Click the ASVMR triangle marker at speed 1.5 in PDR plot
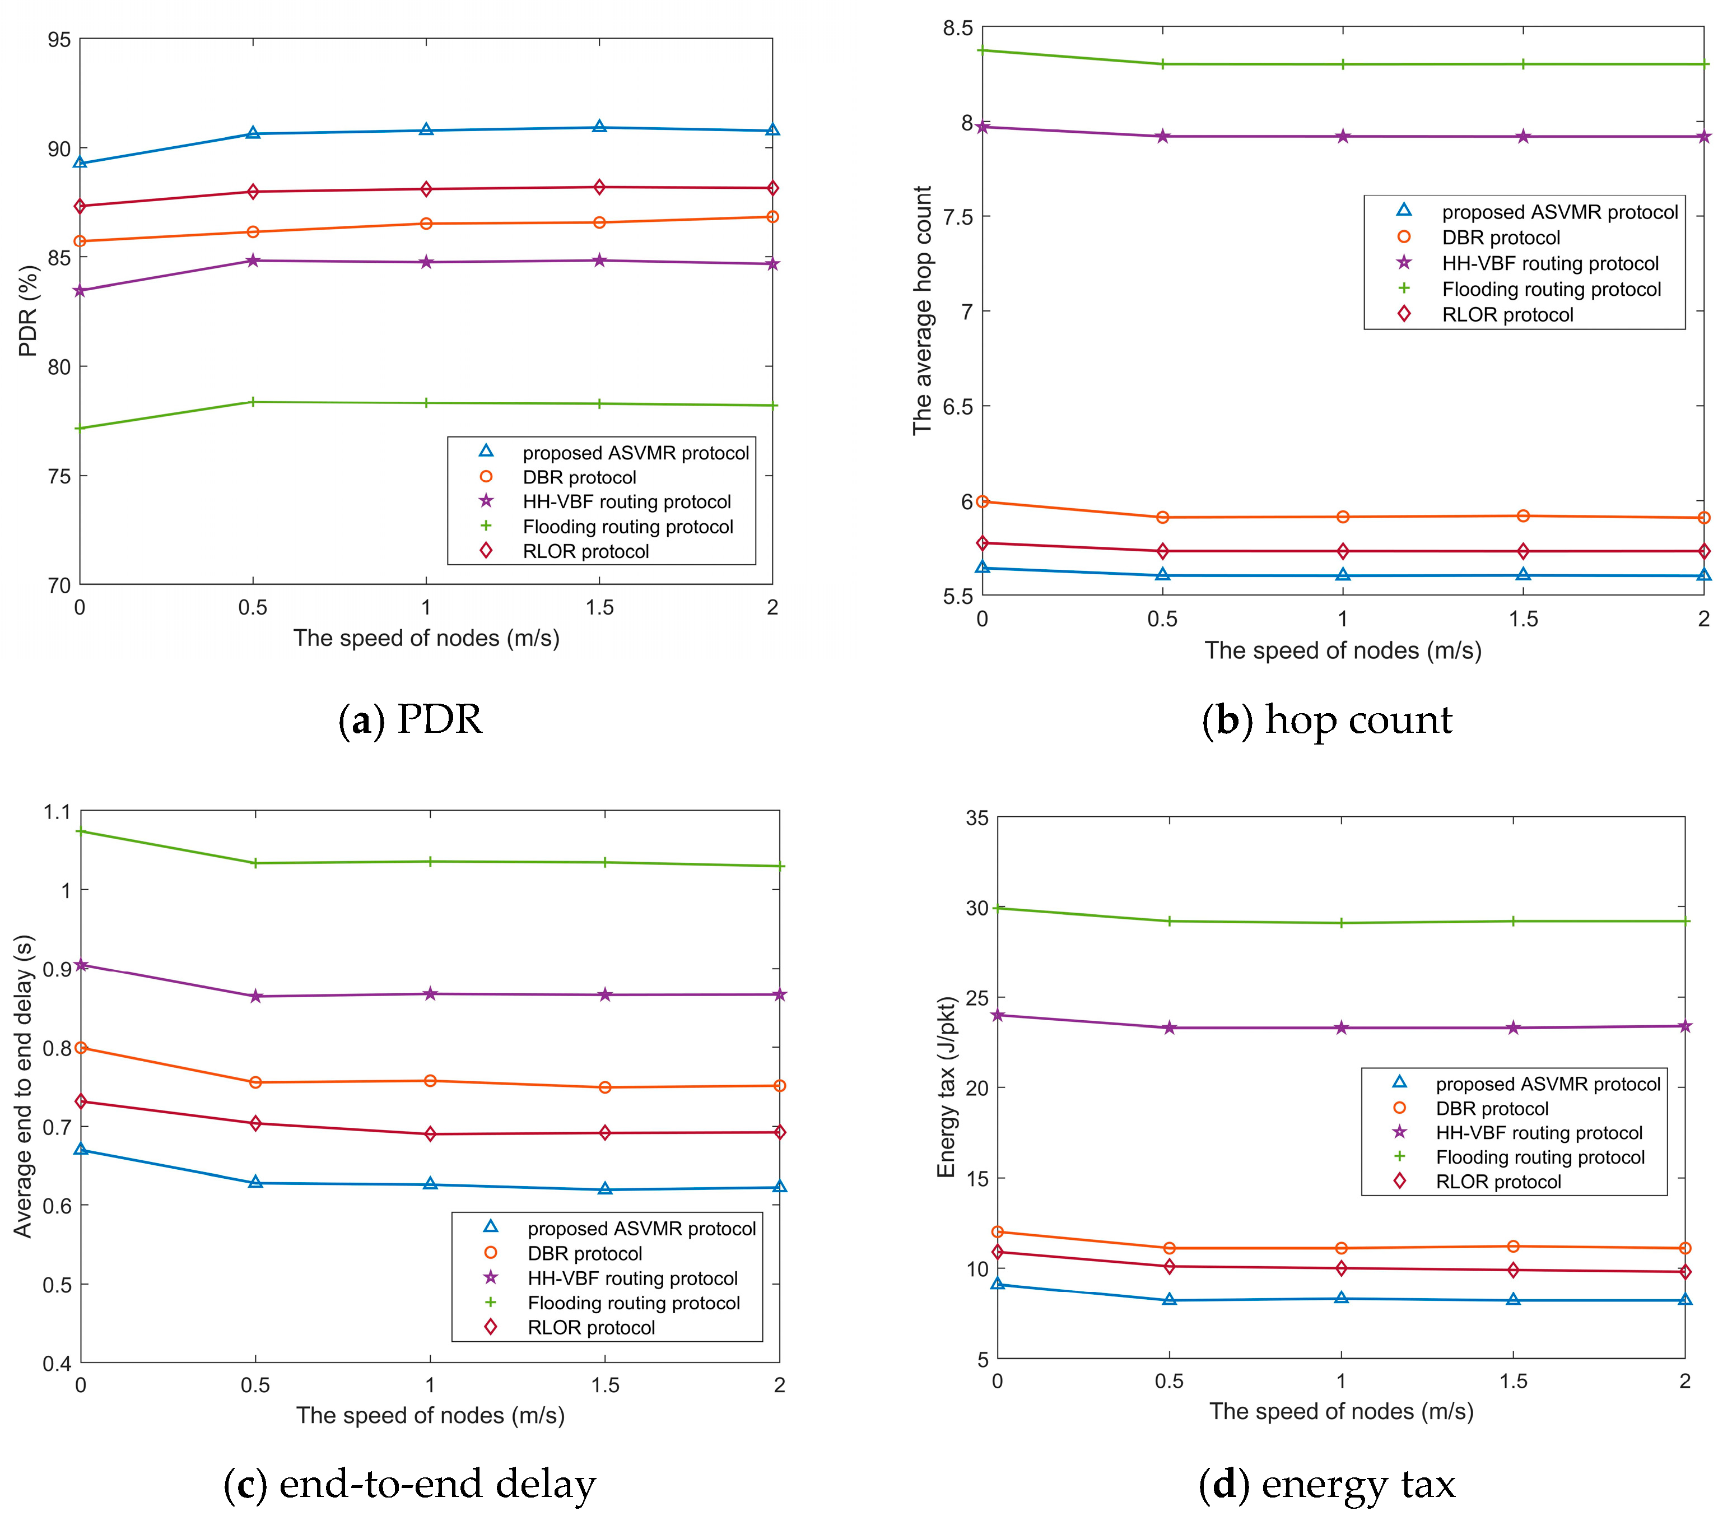click(599, 127)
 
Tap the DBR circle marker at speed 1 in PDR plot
click(426, 224)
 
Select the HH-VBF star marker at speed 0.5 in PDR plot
click(253, 261)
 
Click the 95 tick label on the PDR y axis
click(58, 40)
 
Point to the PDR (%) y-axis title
click(29, 311)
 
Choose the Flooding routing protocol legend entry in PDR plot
click(627, 527)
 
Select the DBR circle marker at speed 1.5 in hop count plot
click(1523, 515)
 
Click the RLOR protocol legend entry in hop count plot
click(1507, 314)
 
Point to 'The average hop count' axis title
click(922, 311)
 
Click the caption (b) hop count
click(1327, 720)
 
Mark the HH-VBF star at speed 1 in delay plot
click(430, 993)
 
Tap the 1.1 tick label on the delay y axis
click(58, 812)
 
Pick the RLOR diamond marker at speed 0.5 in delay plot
click(255, 1123)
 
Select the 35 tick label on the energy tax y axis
click(977, 818)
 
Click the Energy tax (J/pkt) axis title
click(947, 1087)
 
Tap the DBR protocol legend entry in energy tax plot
click(1491, 1108)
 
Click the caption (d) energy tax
click(1327, 1484)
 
